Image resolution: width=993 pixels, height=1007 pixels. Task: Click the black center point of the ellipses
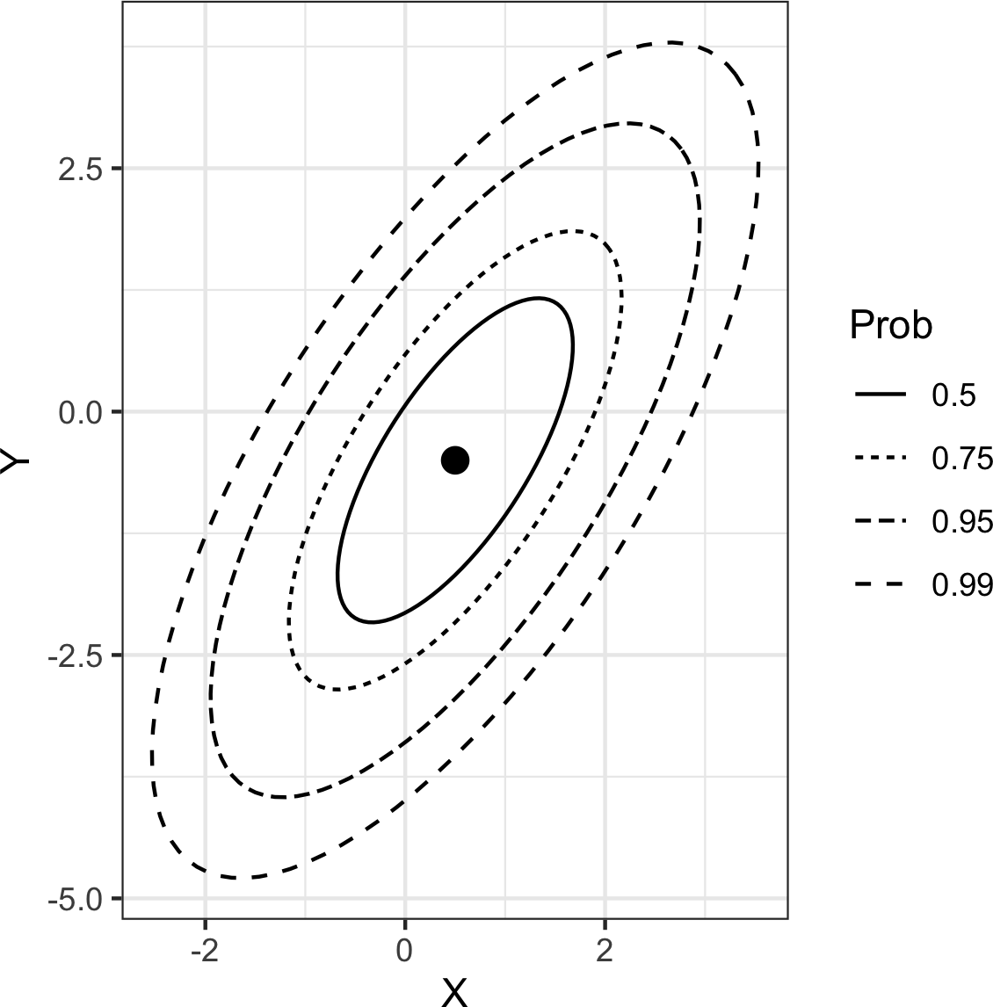(454, 460)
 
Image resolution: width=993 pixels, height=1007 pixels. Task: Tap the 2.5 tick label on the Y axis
(78, 169)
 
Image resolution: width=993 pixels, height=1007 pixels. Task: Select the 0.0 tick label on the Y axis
(78, 412)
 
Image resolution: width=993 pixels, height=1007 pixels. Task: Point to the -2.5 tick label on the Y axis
(75, 656)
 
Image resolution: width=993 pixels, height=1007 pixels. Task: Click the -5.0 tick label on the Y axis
(75, 899)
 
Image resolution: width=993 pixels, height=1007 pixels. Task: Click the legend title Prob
(890, 327)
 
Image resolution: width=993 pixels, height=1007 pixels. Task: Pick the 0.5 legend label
(953, 396)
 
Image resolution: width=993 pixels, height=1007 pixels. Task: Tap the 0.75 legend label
(961, 459)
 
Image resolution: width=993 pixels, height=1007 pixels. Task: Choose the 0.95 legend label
(961, 522)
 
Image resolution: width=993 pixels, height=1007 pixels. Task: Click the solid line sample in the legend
(880, 396)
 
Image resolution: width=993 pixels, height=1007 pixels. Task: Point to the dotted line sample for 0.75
(880, 459)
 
